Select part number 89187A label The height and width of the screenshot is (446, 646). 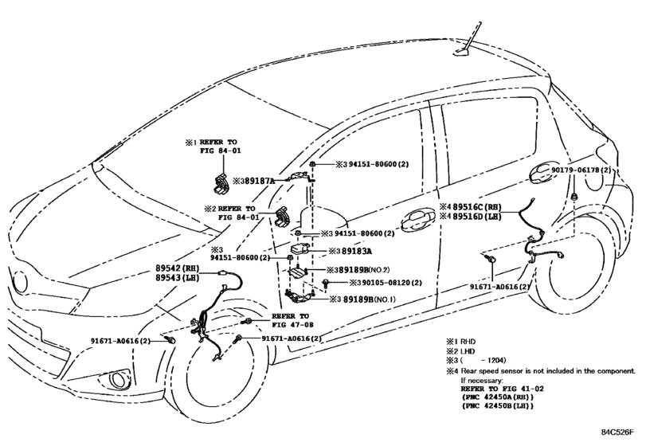coord(260,181)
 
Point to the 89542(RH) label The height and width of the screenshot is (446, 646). coord(177,268)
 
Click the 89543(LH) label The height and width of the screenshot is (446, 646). coord(177,278)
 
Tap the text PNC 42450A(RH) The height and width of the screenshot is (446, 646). coord(497,397)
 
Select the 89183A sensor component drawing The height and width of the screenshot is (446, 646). coord(300,250)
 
